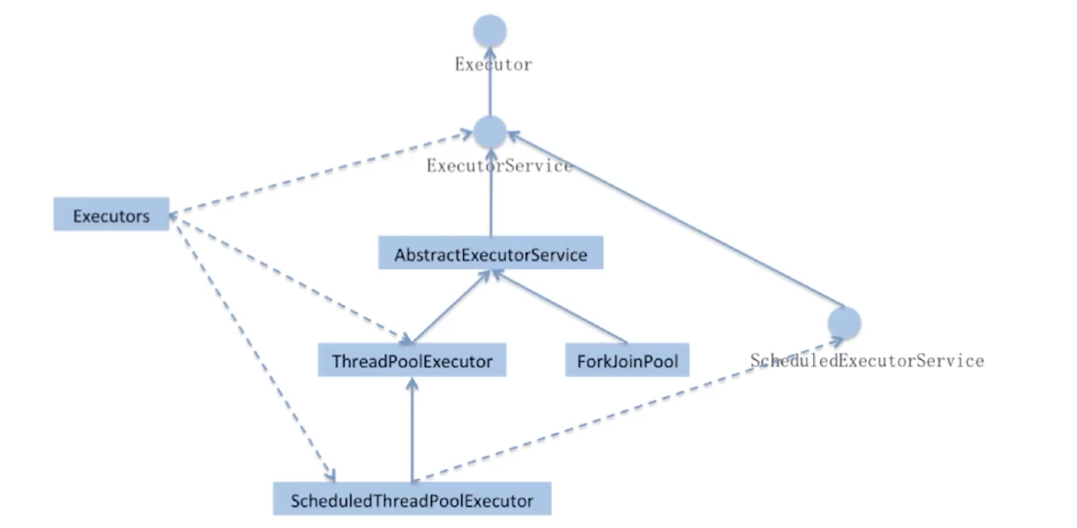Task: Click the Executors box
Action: coord(111,214)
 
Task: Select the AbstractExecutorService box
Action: coord(490,253)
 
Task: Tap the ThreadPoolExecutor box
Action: coord(412,360)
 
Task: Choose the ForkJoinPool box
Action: coord(627,360)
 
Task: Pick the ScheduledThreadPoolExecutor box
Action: coord(412,499)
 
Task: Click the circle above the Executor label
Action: coord(489,31)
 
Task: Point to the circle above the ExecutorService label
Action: coord(489,132)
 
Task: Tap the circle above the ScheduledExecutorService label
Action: coord(844,322)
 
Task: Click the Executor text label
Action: coord(493,64)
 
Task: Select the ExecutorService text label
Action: coord(499,166)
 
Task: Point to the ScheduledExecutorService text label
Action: coord(867,361)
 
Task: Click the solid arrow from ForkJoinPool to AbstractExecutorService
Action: coord(559,307)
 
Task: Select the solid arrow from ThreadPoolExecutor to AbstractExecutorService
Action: coord(450,307)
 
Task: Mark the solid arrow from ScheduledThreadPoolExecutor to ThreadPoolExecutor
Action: coord(412,431)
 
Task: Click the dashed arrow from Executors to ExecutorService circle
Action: coord(321,173)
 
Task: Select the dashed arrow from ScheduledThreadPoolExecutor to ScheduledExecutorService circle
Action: coord(628,412)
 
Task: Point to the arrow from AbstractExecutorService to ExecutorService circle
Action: coord(490,200)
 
